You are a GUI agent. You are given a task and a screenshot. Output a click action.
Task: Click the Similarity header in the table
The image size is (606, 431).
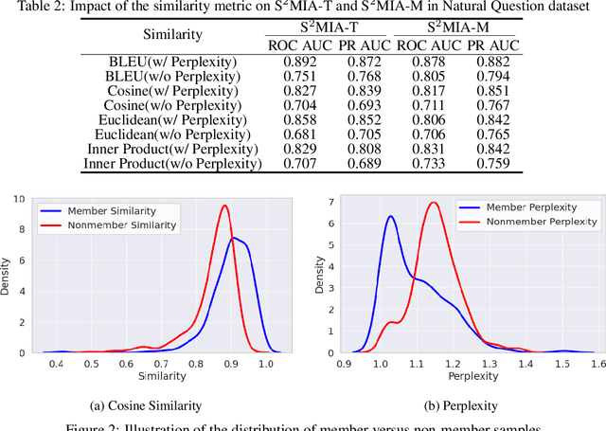pos(173,38)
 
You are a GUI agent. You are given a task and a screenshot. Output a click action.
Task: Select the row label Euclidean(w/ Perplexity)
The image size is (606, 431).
pos(173,120)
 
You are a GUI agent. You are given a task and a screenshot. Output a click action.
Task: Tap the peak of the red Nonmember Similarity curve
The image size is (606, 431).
pos(224,206)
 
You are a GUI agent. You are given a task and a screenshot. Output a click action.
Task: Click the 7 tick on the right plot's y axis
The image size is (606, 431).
pos(330,203)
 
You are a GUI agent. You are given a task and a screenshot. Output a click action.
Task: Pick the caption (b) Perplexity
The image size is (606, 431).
pos(450,405)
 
